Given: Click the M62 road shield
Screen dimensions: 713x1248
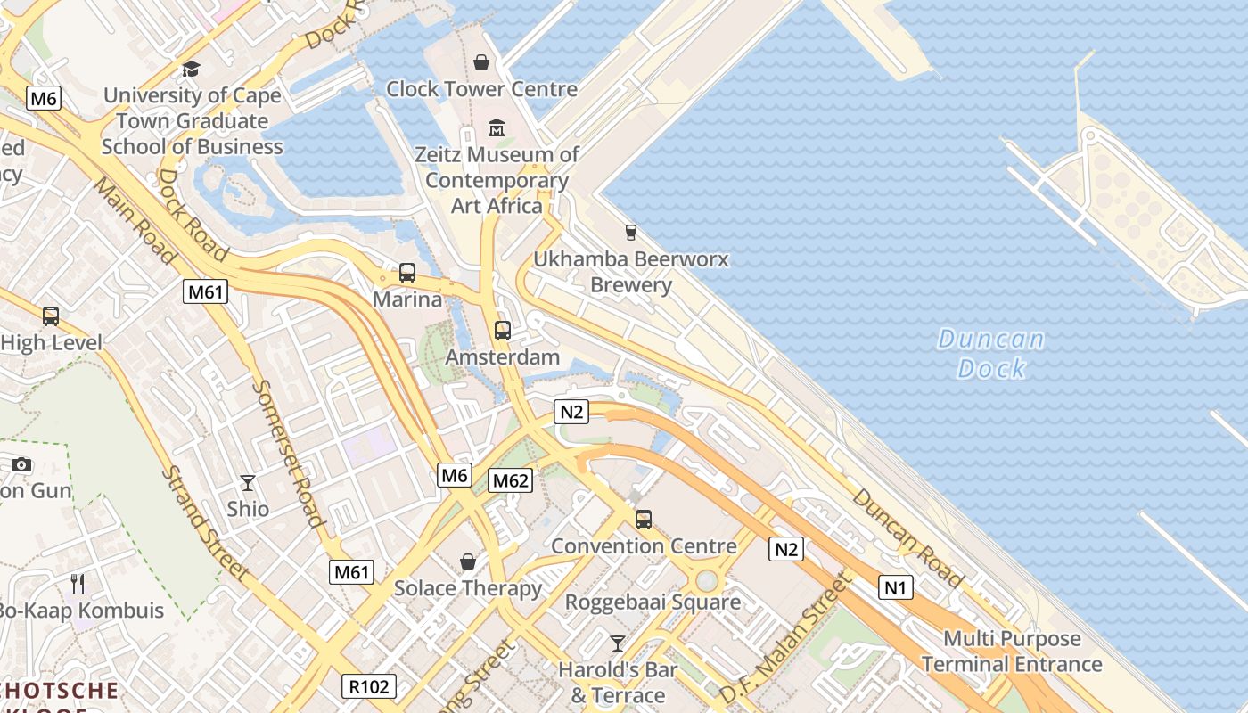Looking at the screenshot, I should point(511,481).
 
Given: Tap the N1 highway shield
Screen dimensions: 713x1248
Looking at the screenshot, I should point(896,587).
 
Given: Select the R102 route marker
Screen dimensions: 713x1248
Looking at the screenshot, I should point(369,686).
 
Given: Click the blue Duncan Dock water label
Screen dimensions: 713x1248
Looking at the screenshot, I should point(990,354).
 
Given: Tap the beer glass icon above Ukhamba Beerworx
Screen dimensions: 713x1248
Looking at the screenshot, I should point(631,233).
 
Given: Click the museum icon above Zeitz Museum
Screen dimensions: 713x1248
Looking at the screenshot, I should point(497,128).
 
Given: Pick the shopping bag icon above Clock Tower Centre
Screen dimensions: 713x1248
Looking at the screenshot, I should point(481,62).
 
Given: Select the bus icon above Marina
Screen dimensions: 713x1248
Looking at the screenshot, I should point(407,273).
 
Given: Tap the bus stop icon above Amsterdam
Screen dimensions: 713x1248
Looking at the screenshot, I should point(503,331).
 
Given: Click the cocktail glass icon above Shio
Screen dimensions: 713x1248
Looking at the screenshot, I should point(248,483).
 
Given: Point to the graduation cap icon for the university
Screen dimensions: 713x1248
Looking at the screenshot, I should point(191,69).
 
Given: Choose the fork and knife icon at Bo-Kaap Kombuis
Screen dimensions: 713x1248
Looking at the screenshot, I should point(78,584).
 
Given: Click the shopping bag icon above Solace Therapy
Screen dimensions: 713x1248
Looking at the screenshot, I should point(468,561).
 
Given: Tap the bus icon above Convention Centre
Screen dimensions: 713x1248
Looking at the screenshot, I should point(644,519).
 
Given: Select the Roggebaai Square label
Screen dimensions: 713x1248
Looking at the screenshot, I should point(653,602).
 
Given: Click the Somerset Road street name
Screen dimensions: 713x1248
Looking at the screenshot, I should point(287,454).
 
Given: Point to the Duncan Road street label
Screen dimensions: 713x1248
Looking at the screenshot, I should point(907,538).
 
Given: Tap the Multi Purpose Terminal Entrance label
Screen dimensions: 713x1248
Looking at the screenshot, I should point(1012,652).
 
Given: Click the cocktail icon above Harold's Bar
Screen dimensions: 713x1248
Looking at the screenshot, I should point(617,643).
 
